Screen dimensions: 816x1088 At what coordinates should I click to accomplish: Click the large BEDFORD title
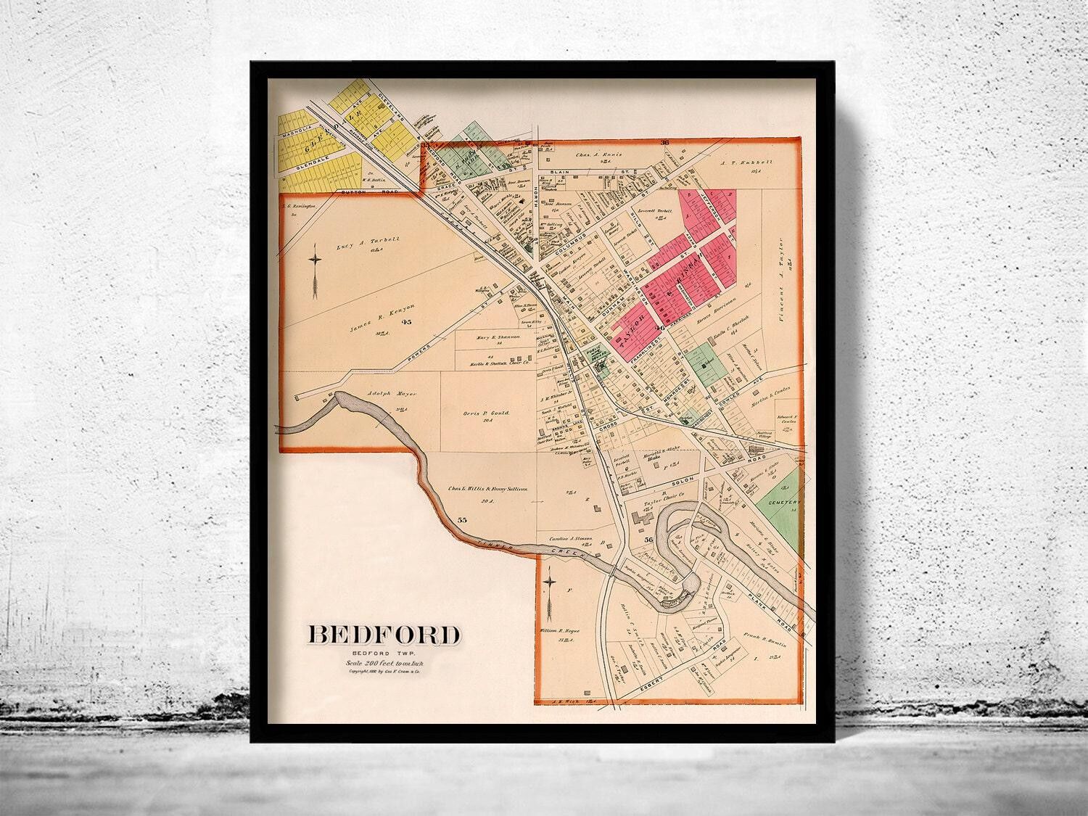[x=384, y=634]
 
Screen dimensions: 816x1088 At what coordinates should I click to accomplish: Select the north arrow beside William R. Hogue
[x=551, y=593]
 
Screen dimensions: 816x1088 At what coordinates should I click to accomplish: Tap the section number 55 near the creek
[x=463, y=520]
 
